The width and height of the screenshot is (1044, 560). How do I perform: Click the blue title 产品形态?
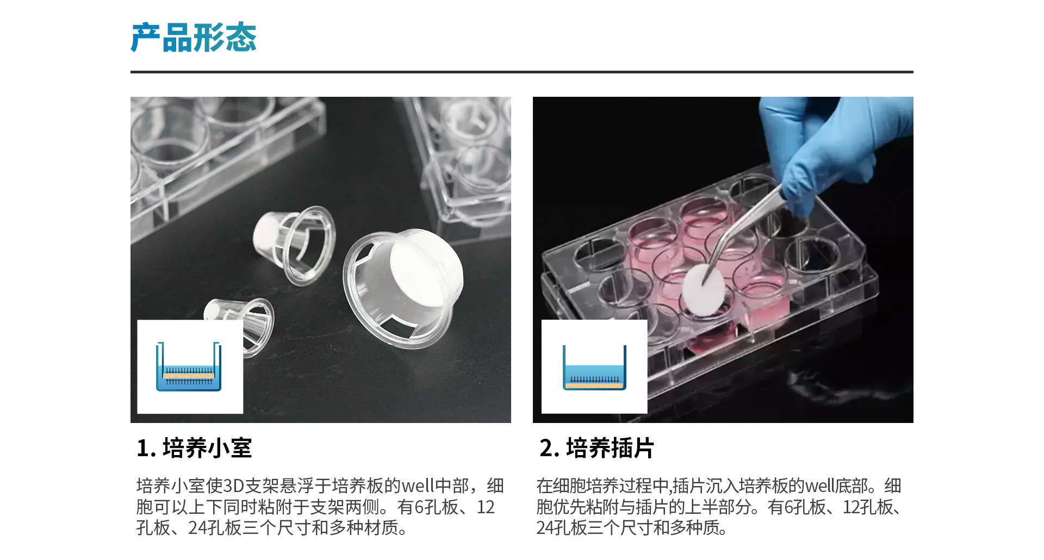coord(194,38)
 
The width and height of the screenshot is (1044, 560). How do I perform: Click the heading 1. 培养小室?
coord(194,449)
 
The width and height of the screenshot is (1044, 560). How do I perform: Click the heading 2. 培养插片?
coord(596,449)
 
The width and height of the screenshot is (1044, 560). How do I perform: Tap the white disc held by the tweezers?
coord(704,289)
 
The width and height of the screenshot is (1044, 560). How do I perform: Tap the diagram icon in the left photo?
coord(190,366)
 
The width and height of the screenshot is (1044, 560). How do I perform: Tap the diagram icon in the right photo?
coord(594,366)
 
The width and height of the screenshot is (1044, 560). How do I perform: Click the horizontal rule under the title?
coord(522,72)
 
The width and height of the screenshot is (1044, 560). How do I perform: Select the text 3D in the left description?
coord(234,486)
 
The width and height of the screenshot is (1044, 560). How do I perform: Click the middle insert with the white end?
coord(294,245)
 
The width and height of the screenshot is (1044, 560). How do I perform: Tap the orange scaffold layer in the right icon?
coord(594,385)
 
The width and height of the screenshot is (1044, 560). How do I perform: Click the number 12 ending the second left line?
coord(486,507)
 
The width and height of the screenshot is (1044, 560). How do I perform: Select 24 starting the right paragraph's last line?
coord(545,528)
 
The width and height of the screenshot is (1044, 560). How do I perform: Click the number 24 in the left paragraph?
coord(197,528)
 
